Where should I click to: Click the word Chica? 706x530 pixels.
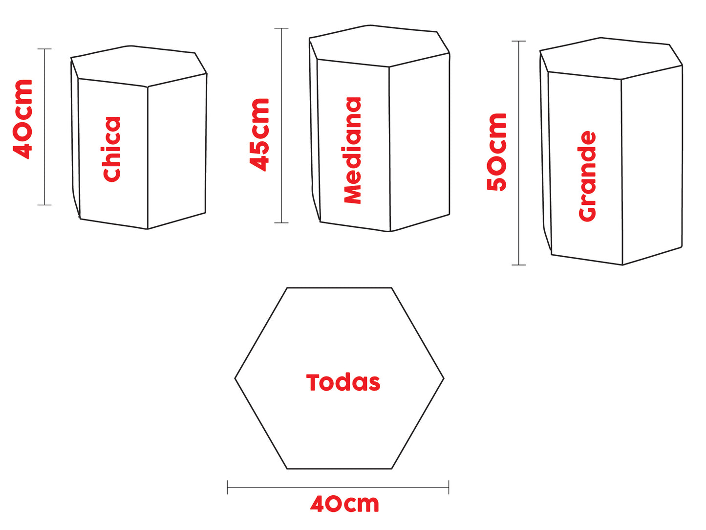point(112,149)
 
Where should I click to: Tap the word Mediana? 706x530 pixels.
point(352,150)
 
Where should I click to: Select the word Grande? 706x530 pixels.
point(587,176)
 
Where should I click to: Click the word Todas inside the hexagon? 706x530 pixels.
point(343,382)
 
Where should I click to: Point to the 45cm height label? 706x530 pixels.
point(259,134)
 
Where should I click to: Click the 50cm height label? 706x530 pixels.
point(497,152)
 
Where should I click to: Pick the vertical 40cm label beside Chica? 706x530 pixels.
point(23,119)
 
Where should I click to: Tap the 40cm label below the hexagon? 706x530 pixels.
point(344,504)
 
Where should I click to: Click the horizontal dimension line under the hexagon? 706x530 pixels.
point(338,487)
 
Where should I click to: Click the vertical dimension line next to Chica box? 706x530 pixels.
point(44,127)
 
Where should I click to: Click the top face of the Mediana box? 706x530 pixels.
point(379,46)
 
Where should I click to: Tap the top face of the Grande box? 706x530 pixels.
point(611,58)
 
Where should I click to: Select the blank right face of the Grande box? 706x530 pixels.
point(652,166)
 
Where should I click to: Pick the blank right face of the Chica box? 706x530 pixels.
point(177,152)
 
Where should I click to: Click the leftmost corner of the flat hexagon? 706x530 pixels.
point(235,378)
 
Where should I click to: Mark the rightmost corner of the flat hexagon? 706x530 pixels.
point(443,378)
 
